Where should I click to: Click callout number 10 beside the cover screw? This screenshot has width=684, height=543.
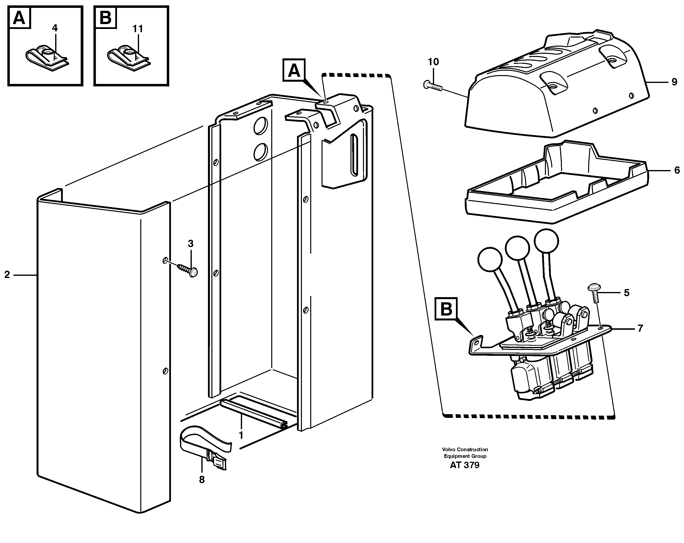pyautogui.click(x=433, y=62)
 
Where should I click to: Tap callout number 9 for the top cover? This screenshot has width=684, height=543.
pyautogui.click(x=674, y=82)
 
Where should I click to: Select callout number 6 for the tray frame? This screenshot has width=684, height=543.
pyautogui.click(x=677, y=171)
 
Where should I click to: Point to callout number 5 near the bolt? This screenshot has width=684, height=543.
pyautogui.click(x=626, y=293)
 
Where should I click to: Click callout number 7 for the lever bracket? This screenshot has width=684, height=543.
pyautogui.click(x=640, y=329)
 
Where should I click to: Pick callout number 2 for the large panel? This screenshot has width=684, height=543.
pyautogui.click(x=7, y=275)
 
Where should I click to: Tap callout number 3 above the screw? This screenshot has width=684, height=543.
pyautogui.click(x=190, y=244)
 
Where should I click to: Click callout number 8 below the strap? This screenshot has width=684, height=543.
pyautogui.click(x=202, y=480)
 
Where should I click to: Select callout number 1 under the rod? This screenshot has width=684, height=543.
pyautogui.click(x=241, y=435)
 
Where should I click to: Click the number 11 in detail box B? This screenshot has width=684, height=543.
pyautogui.click(x=138, y=29)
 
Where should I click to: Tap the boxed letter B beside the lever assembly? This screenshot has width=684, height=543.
pyautogui.click(x=446, y=309)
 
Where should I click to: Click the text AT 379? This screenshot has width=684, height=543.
pyautogui.click(x=465, y=465)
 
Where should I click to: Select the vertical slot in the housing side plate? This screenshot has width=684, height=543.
pyautogui.click(x=353, y=155)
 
